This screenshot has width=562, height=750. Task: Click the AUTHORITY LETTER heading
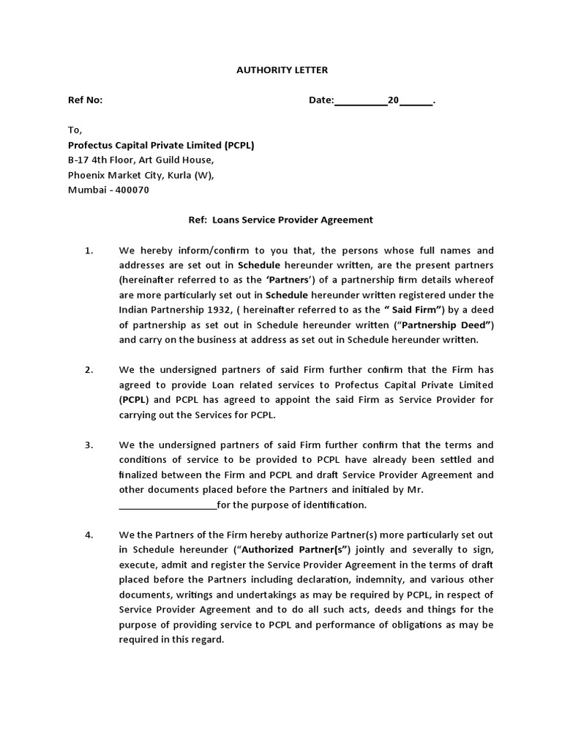point(282,70)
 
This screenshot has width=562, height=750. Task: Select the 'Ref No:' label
point(86,100)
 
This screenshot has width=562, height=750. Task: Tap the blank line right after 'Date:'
point(361,101)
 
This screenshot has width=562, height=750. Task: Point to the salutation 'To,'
point(75,130)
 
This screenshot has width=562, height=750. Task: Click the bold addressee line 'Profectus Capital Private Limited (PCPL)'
point(161,145)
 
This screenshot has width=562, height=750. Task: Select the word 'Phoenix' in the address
point(86,175)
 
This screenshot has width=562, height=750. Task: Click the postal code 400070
point(132,190)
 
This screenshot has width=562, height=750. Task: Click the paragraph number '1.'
point(89,250)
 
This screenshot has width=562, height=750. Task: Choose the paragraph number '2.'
point(89,369)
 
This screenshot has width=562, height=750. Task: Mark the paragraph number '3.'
point(89,445)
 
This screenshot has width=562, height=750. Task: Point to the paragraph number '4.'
point(89,535)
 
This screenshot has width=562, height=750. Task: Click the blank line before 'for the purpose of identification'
point(168,505)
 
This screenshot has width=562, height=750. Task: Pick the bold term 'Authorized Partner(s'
point(296,550)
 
